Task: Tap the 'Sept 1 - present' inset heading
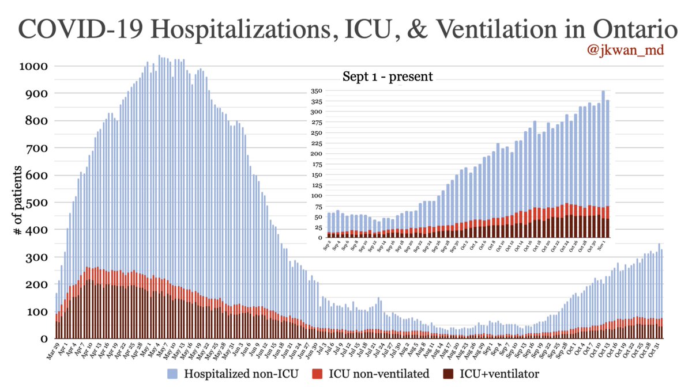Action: pos(388,76)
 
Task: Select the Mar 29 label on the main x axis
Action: pos(54,349)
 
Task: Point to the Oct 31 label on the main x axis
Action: pos(656,349)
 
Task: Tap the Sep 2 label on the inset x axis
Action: pos(327,246)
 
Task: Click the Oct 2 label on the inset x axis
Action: pos(464,246)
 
